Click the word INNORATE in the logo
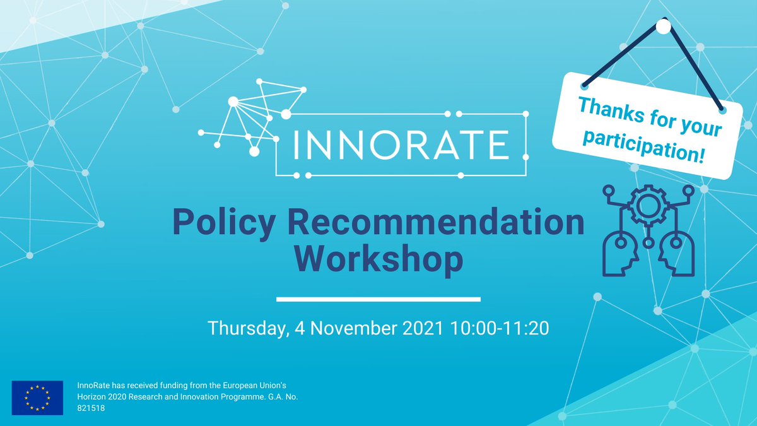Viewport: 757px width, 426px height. click(x=401, y=144)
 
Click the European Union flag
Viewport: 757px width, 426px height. click(x=37, y=397)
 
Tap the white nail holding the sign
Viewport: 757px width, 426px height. click(x=663, y=27)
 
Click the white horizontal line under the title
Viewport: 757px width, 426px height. click(x=378, y=299)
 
